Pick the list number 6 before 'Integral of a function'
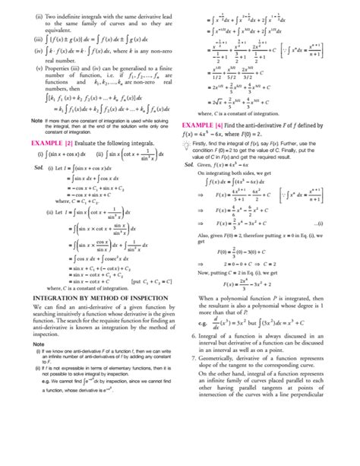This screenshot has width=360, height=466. tap(194, 334)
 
